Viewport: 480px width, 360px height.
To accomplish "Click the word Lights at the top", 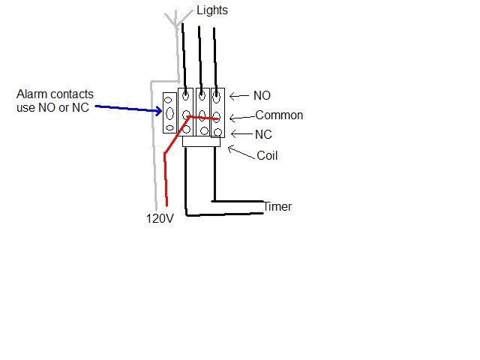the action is (212, 10).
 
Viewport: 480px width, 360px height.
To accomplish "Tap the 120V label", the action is (159, 220).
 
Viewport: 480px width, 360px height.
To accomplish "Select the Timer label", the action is (277, 207).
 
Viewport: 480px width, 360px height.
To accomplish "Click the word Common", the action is (279, 115).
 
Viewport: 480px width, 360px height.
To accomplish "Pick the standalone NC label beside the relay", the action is (263, 134).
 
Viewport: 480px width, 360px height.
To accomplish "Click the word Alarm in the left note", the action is (32, 94).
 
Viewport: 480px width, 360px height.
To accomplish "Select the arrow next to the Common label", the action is (240, 117).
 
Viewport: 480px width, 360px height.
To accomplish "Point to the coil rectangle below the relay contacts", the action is (201, 141).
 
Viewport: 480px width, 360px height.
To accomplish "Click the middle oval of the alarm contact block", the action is (169, 114).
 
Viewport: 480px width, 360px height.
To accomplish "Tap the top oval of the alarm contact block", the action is (169, 97).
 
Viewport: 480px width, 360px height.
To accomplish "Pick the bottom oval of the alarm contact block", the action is (169, 129).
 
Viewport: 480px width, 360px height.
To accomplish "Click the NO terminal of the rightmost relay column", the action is (217, 96).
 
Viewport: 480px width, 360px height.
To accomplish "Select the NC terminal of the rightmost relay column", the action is (217, 132).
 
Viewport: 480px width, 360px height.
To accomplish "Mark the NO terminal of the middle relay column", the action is (201, 95).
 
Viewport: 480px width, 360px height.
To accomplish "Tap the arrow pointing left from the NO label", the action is (238, 96).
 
